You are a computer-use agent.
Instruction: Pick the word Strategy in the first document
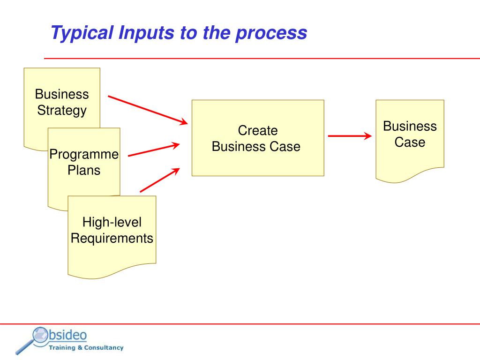62,111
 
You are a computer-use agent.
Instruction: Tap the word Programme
84,154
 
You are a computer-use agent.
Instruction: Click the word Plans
84,170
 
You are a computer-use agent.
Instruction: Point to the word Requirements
112,238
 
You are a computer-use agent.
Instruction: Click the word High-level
112,222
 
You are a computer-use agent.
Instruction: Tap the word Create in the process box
257,130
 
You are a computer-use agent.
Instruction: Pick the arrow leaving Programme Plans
154,150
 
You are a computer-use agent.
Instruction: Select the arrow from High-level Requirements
160,180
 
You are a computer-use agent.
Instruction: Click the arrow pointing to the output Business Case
349,136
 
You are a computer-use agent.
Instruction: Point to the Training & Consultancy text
86,348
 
